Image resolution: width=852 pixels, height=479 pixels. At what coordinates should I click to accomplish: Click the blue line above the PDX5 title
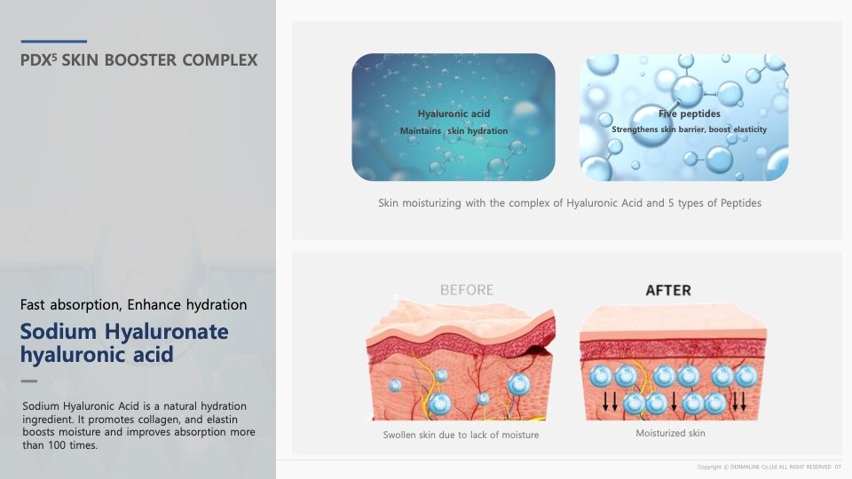(x=54, y=42)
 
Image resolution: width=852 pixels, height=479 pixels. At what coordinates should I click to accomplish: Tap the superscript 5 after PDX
(x=54, y=57)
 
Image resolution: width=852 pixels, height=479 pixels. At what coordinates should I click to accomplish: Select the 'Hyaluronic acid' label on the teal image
(x=454, y=114)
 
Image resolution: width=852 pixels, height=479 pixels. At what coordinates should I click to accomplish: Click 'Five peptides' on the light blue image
(x=689, y=114)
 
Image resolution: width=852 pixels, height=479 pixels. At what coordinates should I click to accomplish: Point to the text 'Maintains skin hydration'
(x=454, y=131)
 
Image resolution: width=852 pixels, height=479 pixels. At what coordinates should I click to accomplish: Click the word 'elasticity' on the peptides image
(x=750, y=130)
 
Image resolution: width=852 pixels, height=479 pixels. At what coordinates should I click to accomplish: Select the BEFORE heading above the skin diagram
(x=467, y=290)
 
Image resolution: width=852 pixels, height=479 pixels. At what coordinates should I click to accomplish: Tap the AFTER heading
(x=668, y=291)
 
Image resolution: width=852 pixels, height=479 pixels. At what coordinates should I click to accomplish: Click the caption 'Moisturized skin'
(x=671, y=434)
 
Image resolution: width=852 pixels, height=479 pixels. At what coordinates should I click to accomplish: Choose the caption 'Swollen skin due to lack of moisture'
(x=461, y=435)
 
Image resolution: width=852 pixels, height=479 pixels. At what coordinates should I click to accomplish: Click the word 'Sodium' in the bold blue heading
(x=59, y=331)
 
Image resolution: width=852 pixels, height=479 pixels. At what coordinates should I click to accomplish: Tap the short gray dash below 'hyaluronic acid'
(x=29, y=381)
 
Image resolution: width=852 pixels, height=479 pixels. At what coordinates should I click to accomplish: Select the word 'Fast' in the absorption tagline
(x=33, y=304)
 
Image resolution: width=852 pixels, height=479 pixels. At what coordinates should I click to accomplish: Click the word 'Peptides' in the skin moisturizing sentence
(x=740, y=203)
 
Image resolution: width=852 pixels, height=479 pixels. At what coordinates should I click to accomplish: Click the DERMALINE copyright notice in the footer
(x=769, y=467)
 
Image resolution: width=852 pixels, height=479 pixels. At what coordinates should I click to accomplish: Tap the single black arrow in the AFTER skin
(x=674, y=401)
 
